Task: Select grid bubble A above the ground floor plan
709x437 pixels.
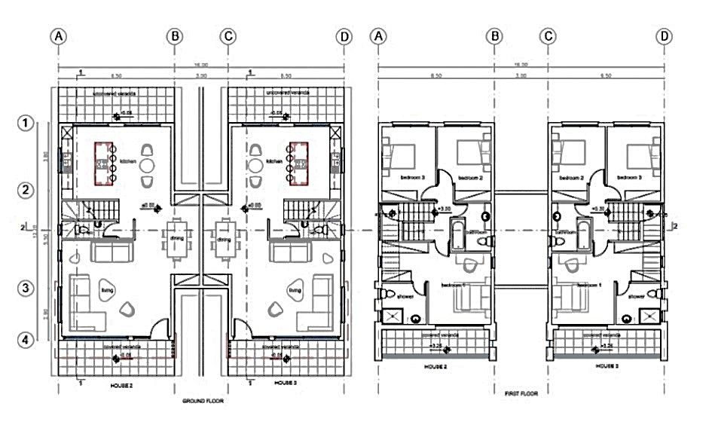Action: coord(58,36)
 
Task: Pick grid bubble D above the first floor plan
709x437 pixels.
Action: coord(664,36)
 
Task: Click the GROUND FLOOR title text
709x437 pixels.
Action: coord(203,402)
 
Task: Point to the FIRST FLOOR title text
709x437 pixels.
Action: coord(521,393)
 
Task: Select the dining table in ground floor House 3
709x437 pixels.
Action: coord(224,239)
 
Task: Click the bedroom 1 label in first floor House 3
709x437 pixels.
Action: coord(588,286)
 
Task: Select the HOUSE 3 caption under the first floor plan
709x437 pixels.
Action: coord(607,365)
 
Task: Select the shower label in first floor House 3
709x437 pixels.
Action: coord(637,296)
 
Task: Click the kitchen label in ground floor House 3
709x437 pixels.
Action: coord(275,160)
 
